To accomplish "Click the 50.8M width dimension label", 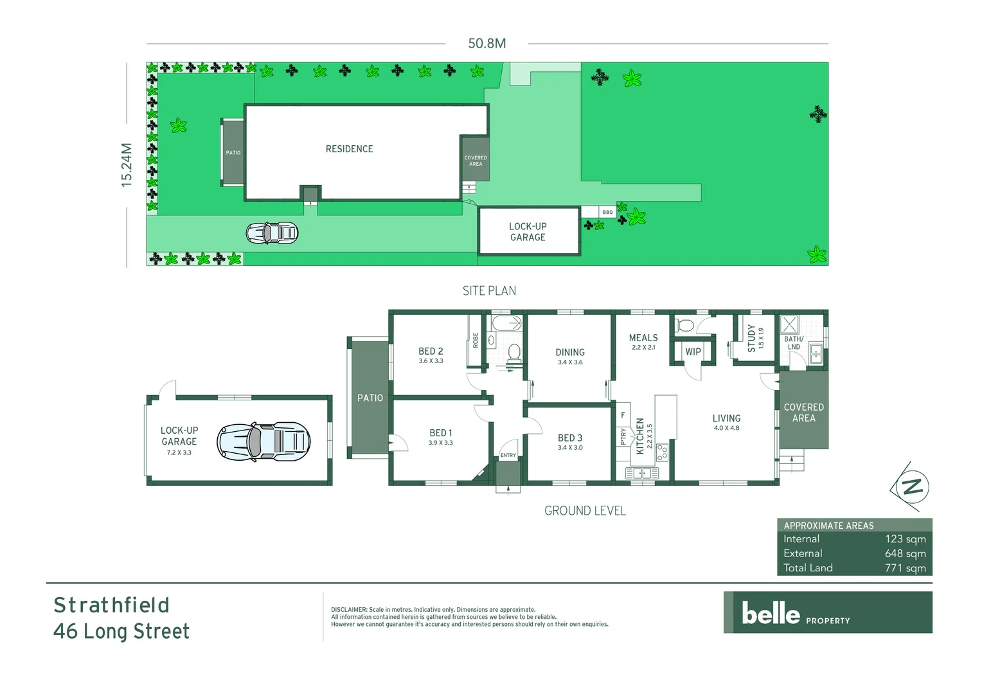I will (487, 44).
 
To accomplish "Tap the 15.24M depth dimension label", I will (127, 165).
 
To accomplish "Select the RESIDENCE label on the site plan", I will (349, 149).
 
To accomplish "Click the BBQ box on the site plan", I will (607, 212).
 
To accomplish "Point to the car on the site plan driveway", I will (272, 233).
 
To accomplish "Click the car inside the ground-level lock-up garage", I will (263, 441).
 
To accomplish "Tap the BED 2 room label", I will (431, 351).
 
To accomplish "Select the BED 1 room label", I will (441, 433).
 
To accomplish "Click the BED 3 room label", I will (570, 438).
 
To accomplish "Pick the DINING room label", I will (570, 352).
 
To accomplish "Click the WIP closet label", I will (693, 351).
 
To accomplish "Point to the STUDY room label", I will (751, 338).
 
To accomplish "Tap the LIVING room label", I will (726, 418).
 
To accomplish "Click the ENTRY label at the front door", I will (508, 455).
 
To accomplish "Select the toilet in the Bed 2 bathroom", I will (514, 351).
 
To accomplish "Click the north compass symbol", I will (911, 486).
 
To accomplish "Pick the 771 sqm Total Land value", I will (905, 568).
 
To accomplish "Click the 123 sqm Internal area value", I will (905, 539).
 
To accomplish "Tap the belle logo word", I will (771, 613).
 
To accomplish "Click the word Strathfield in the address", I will (111, 605).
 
